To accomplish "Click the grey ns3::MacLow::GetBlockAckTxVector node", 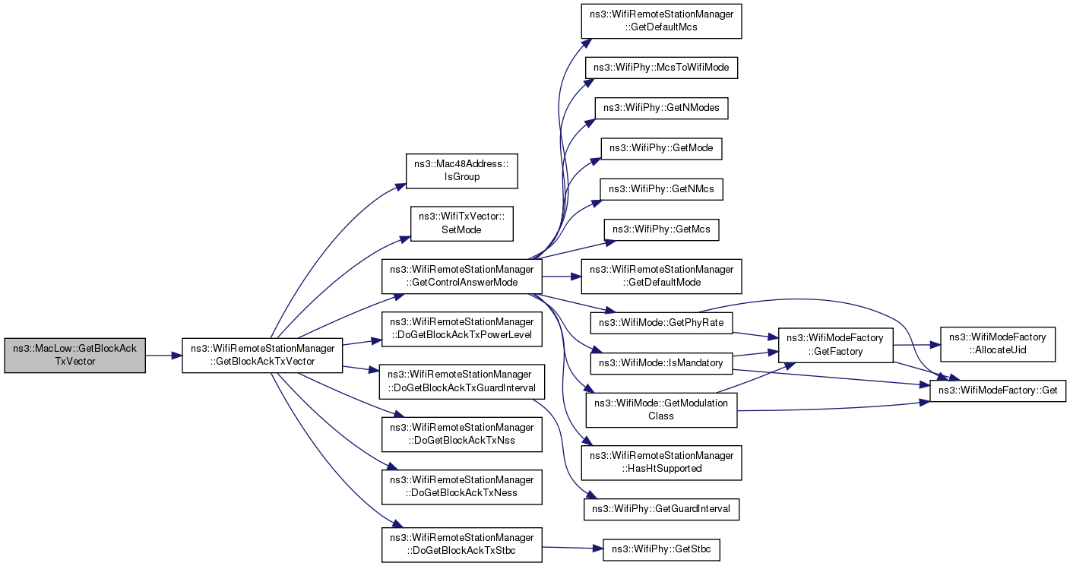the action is [x=75, y=356].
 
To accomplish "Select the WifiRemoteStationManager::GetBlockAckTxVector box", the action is [x=262, y=356].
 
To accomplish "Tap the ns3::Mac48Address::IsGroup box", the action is [x=461, y=171].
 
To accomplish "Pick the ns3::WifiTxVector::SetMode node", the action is [x=461, y=223].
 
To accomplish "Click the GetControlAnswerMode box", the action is [x=461, y=277].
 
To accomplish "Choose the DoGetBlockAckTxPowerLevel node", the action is [x=461, y=329].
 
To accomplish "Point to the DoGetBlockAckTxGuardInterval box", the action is [x=461, y=381].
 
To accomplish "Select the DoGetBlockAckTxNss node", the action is [x=461, y=434].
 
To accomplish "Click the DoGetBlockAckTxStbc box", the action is [x=461, y=545].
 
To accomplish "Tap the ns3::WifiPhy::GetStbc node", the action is [x=661, y=550].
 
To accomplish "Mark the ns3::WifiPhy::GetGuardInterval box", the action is [x=661, y=509].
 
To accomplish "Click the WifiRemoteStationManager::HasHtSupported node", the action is [x=661, y=463].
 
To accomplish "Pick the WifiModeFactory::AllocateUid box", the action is [x=997, y=344].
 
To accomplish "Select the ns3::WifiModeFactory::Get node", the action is [x=997, y=391].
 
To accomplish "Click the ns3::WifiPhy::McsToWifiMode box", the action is [x=661, y=68].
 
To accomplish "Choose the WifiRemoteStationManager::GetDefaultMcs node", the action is [x=661, y=21].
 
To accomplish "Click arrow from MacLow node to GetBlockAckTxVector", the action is [x=164, y=356].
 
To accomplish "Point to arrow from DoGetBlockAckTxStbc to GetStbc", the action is [x=572, y=548].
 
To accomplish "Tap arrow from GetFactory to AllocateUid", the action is [x=916, y=344].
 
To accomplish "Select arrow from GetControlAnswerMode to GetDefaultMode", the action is [x=562, y=277].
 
